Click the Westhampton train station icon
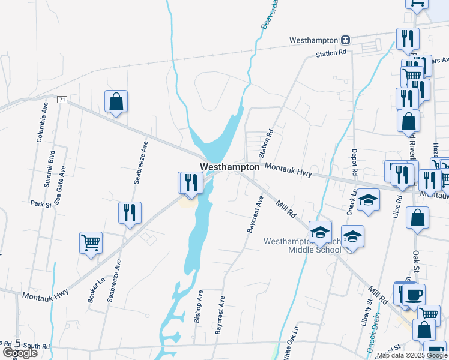coord(345,40)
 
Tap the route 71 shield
coord(62,99)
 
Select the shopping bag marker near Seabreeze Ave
coord(116,102)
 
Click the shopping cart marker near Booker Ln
coord(91,243)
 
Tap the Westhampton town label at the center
coord(230,167)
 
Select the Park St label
coord(41,204)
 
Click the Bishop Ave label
coord(199,307)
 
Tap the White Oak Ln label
coord(295,343)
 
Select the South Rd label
coord(37,346)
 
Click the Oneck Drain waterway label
coord(373,337)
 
